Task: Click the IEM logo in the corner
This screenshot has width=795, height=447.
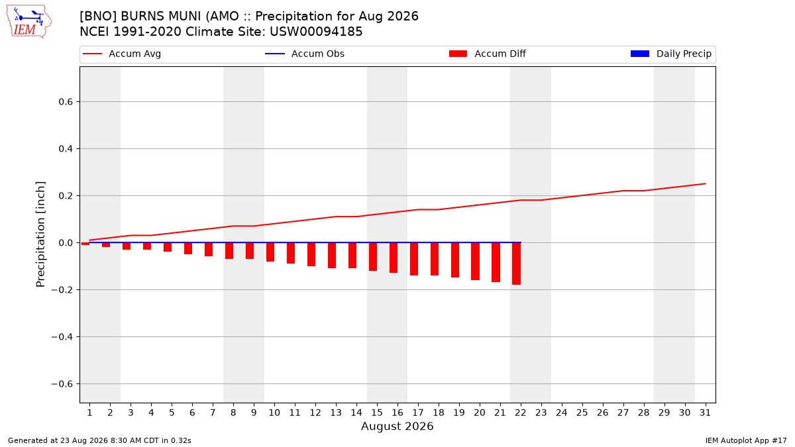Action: (28, 21)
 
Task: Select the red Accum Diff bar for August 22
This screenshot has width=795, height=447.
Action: (516, 264)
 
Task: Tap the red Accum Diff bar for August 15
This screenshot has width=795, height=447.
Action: (373, 257)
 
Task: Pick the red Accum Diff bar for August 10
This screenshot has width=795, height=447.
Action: (270, 252)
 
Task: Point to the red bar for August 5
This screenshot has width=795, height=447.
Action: (168, 247)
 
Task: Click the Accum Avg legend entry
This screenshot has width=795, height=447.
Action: (122, 54)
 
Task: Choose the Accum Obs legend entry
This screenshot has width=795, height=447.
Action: (305, 54)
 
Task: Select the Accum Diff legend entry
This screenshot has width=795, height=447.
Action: (488, 54)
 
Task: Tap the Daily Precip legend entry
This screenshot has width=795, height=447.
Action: (670, 54)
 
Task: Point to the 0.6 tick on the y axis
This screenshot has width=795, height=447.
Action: (66, 102)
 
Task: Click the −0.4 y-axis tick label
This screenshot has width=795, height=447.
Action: (62, 336)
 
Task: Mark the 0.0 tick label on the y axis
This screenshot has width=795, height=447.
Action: (66, 242)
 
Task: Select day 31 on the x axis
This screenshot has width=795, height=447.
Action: (705, 413)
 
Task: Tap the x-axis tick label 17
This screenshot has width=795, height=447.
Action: (418, 413)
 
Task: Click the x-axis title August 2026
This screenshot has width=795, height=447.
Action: (397, 426)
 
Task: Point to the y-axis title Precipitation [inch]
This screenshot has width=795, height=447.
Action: (40, 234)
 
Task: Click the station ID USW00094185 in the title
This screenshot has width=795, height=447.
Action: (316, 32)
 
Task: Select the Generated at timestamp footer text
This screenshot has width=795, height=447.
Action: (99, 440)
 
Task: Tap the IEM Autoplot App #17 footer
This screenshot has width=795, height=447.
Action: (746, 440)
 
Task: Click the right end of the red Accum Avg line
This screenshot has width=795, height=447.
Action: (705, 184)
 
